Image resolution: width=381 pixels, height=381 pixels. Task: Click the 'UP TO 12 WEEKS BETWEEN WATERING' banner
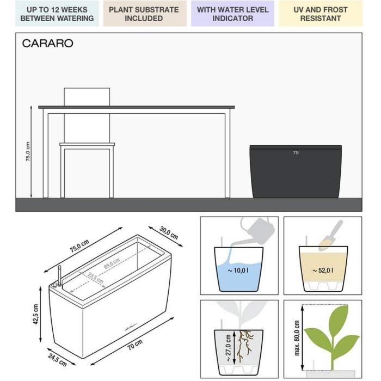tap(57, 14)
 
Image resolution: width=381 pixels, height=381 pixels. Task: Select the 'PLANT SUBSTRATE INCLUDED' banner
tap(144, 14)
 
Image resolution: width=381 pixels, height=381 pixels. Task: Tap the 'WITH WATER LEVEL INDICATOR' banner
tap(232, 14)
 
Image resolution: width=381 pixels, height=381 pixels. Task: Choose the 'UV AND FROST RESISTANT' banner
tap(320, 14)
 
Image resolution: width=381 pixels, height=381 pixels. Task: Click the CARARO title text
tap(47, 44)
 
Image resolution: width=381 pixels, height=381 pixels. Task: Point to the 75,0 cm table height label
tap(28, 152)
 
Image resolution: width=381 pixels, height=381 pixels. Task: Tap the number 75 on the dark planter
tap(296, 153)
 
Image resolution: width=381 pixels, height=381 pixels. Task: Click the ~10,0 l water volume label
tap(239, 271)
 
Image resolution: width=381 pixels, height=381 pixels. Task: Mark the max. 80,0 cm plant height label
tap(297, 331)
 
